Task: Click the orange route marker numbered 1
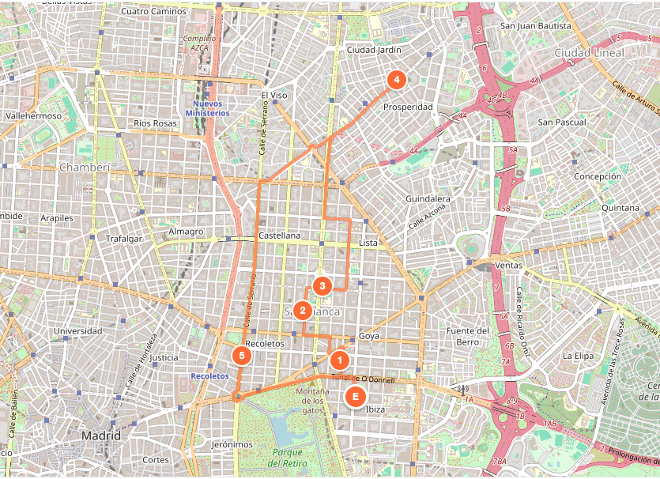(x=339, y=360)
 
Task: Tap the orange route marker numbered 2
(x=302, y=310)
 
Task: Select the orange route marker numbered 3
(x=322, y=286)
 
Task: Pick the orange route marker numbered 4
(x=396, y=79)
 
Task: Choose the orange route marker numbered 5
(x=243, y=356)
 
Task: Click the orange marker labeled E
(x=355, y=397)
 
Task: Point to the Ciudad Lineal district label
(x=589, y=53)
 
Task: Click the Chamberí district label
(x=83, y=168)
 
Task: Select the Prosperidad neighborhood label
(x=408, y=107)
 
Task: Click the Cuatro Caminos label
(x=155, y=12)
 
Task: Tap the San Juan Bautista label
(x=535, y=26)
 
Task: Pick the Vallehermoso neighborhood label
(x=33, y=115)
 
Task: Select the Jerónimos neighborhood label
(x=232, y=444)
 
